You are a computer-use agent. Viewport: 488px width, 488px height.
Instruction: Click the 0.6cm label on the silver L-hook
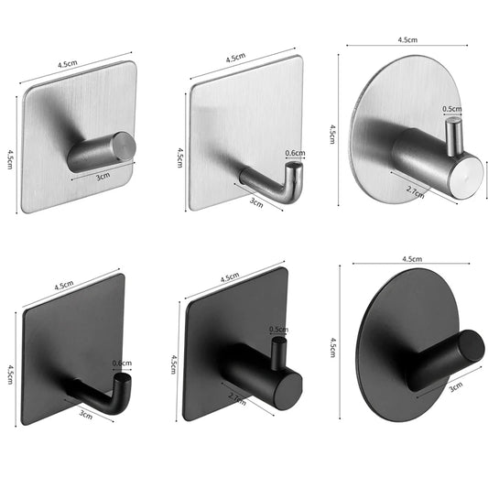point(295,153)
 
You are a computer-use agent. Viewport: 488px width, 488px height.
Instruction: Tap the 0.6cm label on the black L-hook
point(121,363)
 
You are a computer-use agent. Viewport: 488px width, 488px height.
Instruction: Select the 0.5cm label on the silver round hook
point(452,109)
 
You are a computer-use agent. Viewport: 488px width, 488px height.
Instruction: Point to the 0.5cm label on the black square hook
point(279,329)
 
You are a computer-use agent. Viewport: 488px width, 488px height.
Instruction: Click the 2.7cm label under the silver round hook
point(415,194)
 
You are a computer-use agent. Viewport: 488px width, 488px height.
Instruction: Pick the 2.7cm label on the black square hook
point(234,399)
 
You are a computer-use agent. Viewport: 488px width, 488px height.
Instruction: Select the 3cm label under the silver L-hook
point(255,204)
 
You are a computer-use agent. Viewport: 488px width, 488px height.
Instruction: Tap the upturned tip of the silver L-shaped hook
point(295,172)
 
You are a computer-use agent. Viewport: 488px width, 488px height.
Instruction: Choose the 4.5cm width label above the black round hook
point(410,260)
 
